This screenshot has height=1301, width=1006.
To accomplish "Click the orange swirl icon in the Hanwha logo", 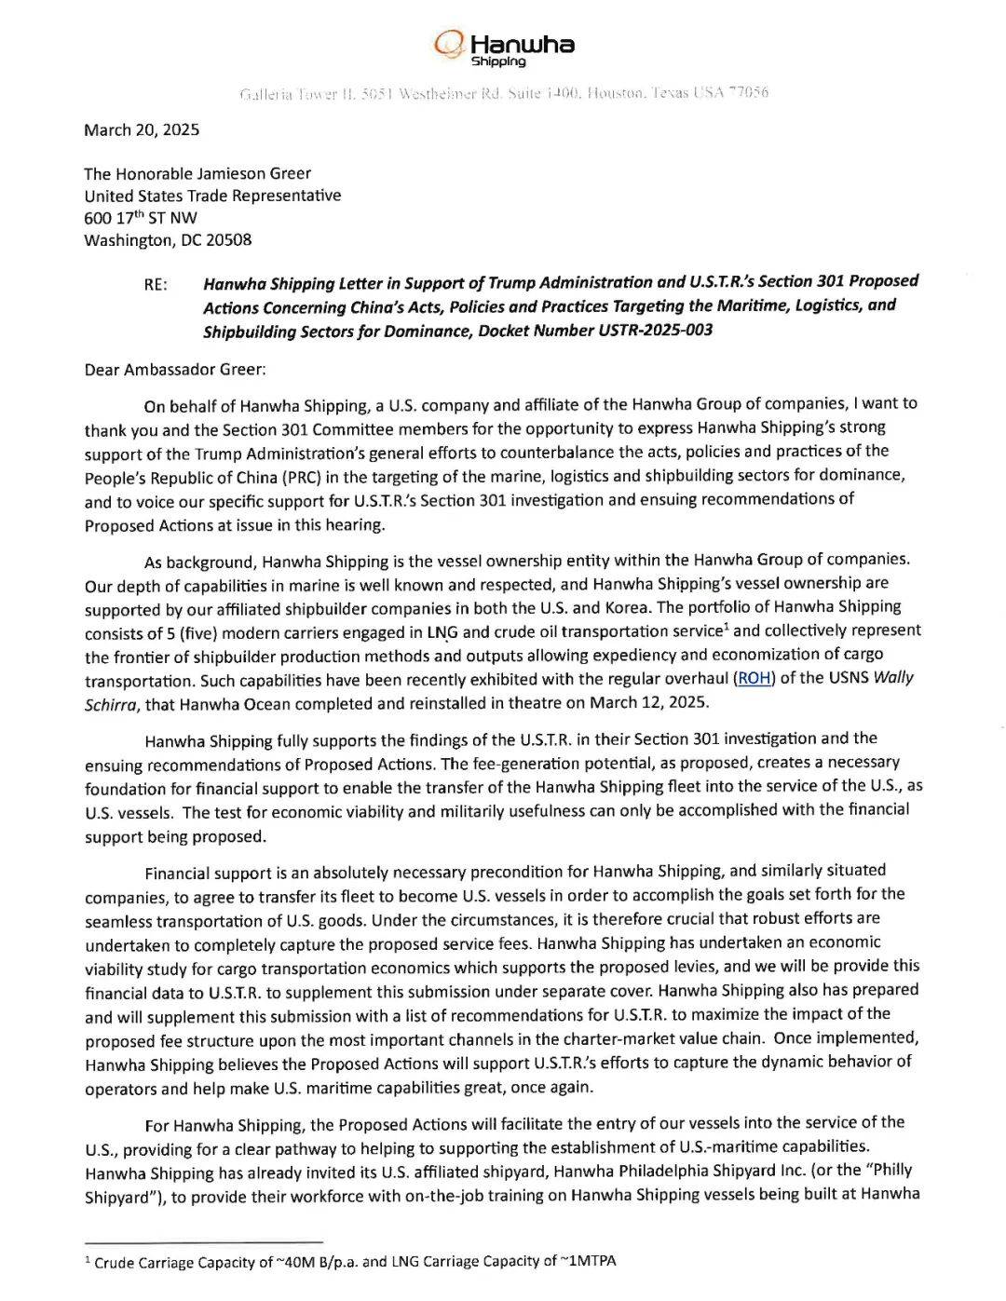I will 449,43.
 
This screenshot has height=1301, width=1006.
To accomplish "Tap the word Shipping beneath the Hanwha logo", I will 498,61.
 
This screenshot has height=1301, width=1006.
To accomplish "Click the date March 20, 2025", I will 142,130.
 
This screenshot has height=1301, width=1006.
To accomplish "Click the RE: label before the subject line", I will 156,285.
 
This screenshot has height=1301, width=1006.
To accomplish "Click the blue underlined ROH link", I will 754,678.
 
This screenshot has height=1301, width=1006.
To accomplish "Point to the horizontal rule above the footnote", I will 203,1241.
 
